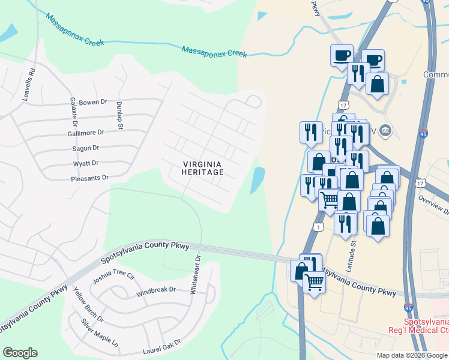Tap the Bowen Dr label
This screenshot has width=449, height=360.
[92, 103]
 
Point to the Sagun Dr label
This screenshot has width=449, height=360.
[86, 148]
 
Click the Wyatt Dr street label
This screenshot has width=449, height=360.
[85, 163]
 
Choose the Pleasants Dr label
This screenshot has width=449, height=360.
[89, 178]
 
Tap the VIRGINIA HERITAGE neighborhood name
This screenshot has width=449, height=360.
[203, 168]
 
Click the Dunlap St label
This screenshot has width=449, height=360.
[119, 115]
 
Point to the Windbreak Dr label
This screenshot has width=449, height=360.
[155, 289]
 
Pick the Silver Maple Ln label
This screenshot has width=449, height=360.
[100, 332]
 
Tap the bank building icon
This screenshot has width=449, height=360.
[385, 130]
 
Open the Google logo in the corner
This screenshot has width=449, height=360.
[20, 353]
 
